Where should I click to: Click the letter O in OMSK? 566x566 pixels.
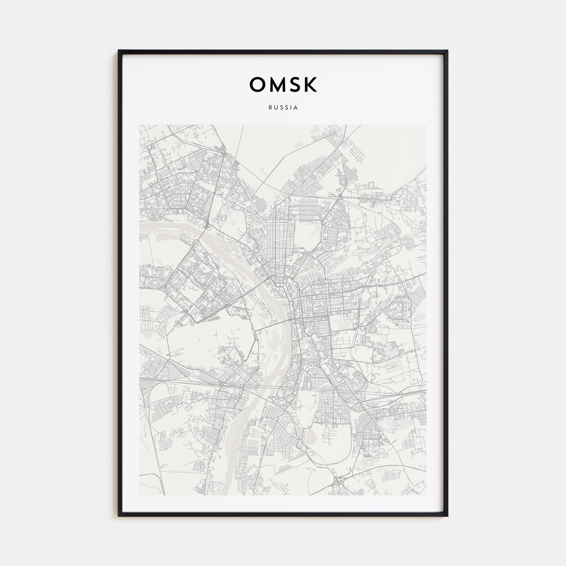click(257, 85)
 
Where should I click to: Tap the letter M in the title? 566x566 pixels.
click(276, 85)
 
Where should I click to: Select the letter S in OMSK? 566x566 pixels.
click(295, 85)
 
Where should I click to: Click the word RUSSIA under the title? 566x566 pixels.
click(283, 108)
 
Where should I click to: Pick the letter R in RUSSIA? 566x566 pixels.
click(270, 108)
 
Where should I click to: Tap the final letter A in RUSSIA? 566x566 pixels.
click(296, 108)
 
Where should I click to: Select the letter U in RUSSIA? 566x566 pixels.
click(275, 108)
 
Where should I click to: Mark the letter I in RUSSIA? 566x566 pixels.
click(291, 108)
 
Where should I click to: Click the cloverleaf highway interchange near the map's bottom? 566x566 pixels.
click(339, 481)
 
